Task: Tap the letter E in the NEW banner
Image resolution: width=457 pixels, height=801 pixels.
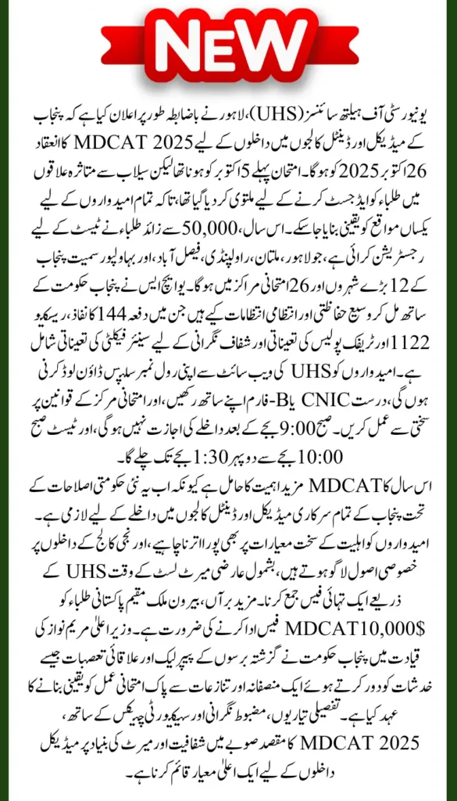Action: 228,47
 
